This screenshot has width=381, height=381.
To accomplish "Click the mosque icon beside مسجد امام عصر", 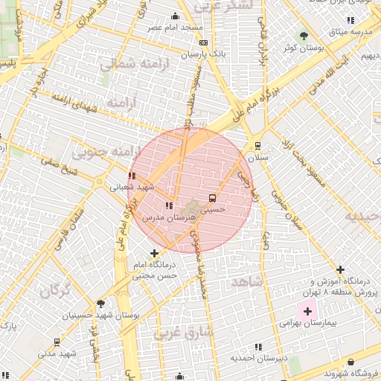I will pos(176,16).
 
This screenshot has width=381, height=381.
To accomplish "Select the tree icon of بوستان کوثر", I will pos(303,35).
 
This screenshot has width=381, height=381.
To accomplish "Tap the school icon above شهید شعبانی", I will pos(132,176).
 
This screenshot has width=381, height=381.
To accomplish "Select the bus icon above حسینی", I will pos(214,199).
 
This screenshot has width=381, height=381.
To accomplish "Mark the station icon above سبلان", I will pos(258,146).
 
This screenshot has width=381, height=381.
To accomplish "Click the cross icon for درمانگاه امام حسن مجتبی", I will pos(154,254).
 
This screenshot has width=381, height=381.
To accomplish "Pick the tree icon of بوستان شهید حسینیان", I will pos(101,304).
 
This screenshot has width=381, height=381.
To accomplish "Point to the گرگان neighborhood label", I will pos(57,290).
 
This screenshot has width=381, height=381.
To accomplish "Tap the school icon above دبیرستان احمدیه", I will pos(258,347).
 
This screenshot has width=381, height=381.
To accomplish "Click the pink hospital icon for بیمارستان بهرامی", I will pos(306,310).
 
